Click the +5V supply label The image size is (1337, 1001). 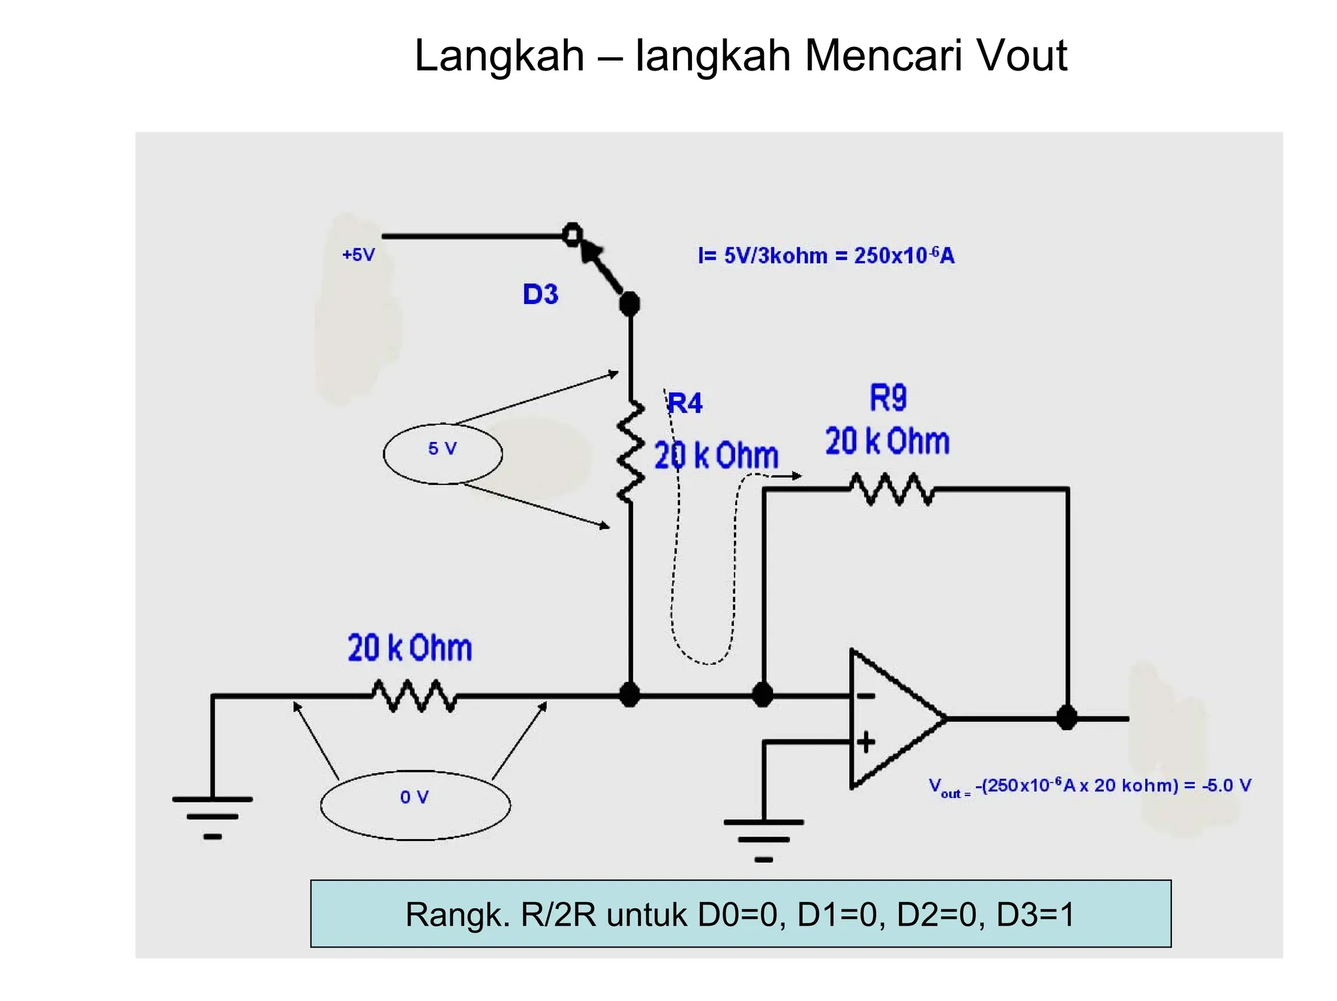(358, 254)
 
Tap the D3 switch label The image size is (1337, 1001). (541, 294)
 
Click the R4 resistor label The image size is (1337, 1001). (685, 403)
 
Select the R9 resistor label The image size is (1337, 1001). (888, 397)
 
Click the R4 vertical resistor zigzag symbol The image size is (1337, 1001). (630, 452)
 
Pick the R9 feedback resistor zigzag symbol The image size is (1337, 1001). (892, 489)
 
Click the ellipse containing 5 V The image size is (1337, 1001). (443, 453)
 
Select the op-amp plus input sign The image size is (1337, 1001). (866, 742)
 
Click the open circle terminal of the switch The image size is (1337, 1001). (572, 234)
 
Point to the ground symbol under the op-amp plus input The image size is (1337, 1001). (763, 839)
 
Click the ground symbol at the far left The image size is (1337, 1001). (212, 816)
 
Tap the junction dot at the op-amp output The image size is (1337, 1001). (1067, 718)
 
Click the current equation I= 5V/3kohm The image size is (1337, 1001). (826, 255)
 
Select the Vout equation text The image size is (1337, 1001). (1090, 786)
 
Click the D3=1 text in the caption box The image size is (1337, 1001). (1035, 914)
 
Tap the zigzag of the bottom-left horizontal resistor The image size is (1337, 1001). (414, 696)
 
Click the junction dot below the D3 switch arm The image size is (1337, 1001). (629, 303)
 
